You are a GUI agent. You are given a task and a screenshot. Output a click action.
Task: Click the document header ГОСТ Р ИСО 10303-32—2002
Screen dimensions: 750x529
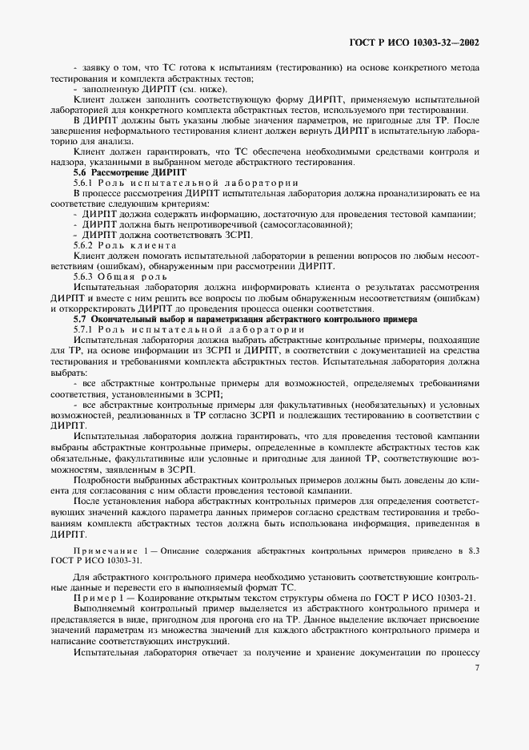414,41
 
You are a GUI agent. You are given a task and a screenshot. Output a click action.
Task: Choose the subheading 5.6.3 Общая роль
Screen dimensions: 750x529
114,276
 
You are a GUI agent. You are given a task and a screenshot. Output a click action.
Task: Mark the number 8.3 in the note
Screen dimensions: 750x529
472,552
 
